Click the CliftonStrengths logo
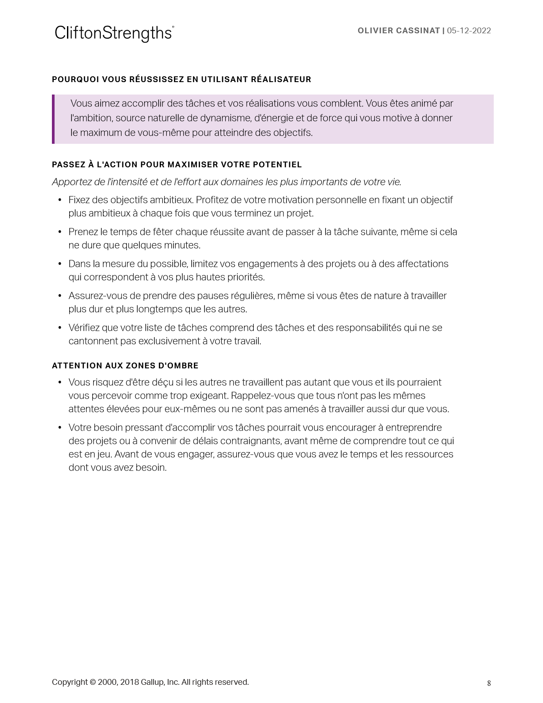(114, 33)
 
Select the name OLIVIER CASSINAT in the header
(398, 31)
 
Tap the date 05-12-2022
(469, 31)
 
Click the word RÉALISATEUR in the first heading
(281, 79)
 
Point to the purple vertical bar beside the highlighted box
(53, 119)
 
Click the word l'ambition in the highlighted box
(91, 118)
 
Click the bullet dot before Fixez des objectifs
(60, 200)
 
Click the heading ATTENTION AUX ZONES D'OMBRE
(125, 366)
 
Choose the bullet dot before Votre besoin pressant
(60, 428)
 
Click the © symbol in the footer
(93, 682)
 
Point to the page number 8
(489, 683)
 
